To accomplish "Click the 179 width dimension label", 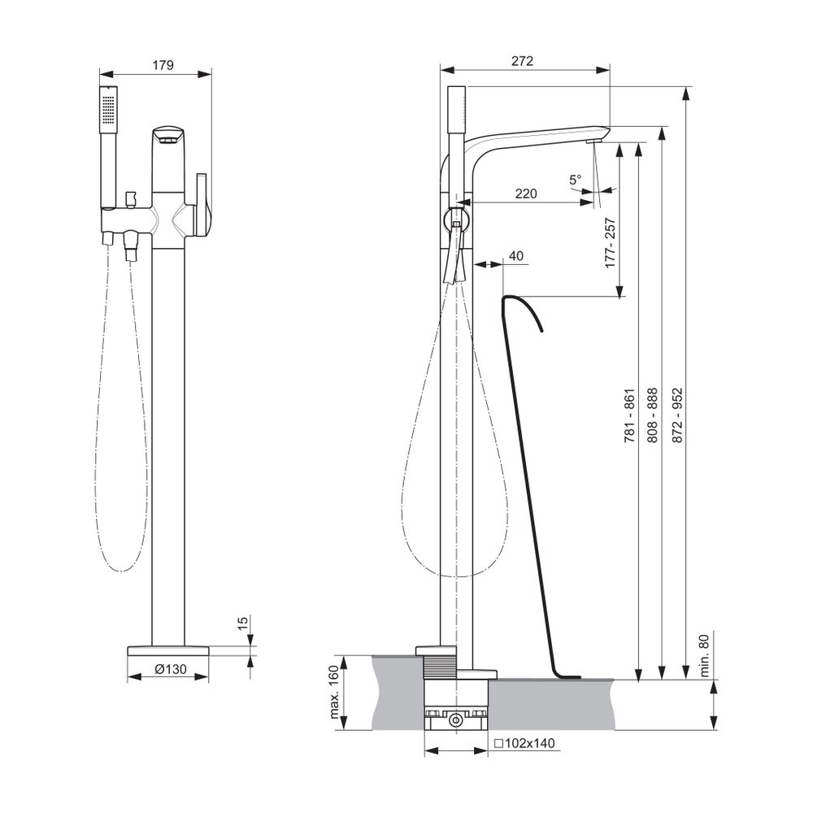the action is [x=163, y=65].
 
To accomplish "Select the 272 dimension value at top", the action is [x=522, y=61].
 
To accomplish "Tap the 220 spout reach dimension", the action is [x=526, y=194].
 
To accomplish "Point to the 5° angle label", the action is [x=576, y=180].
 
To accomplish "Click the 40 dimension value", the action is [x=516, y=255].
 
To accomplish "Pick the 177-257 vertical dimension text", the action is [x=611, y=242].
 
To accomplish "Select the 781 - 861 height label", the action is [x=629, y=415].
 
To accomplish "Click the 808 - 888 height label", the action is [x=653, y=415].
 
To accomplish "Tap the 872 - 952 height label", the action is [x=678, y=415].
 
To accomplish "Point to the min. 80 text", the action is [x=703, y=656].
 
